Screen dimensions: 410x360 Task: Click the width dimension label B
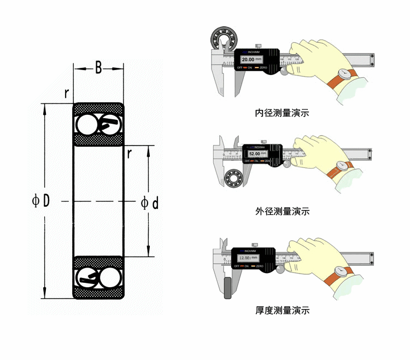(x=98, y=68)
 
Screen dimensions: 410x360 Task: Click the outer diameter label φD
(x=40, y=201)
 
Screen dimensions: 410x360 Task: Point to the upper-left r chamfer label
(x=66, y=93)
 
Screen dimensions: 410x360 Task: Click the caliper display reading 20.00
(x=248, y=59)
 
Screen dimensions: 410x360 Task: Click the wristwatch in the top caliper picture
(x=344, y=73)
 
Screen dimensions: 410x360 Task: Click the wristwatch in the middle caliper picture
(x=343, y=165)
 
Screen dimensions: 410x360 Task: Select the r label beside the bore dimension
(x=129, y=153)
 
